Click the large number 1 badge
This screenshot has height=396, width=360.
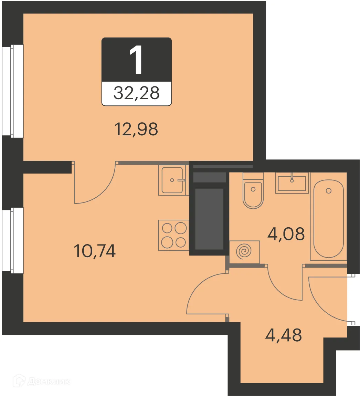(x=137, y=61)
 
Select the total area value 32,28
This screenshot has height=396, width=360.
(x=137, y=93)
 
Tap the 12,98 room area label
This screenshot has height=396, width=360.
(x=136, y=129)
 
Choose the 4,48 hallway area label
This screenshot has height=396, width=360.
(x=284, y=335)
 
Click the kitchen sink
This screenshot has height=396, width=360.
(x=173, y=180)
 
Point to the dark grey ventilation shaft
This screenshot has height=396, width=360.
(x=209, y=219)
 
